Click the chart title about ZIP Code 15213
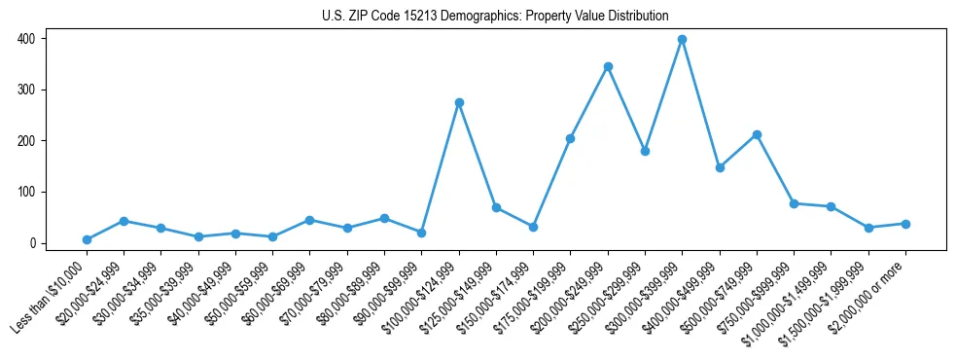[x=495, y=16]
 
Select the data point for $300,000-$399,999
[x=682, y=39]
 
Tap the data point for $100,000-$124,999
[x=459, y=102]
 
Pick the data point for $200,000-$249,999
[x=608, y=67]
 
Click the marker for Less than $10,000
[x=87, y=239]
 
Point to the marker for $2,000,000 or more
[x=905, y=224]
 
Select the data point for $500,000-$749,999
[x=757, y=134]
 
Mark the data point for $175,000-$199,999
[x=570, y=138]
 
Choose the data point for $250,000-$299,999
[x=645, y=151]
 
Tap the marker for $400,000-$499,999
[x=720, y=167]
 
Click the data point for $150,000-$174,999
[x=533, y=227]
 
